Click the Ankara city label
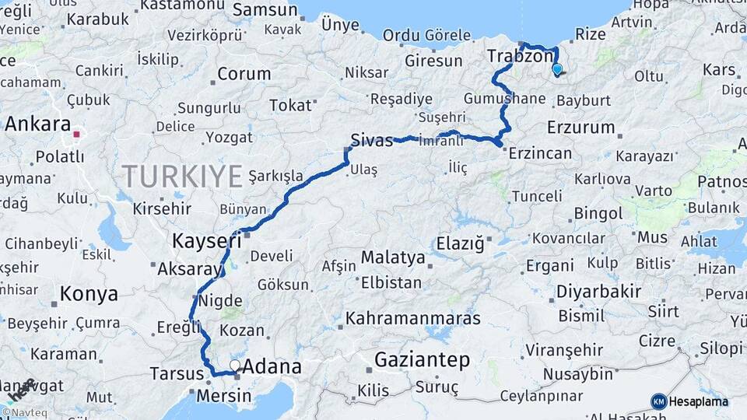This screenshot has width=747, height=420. coord(37,124)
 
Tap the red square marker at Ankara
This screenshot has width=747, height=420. coord(76,134)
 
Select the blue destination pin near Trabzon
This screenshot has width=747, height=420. coord(556,69)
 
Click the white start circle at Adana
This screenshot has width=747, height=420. coord(235,364)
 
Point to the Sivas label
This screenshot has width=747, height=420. coord(372,141)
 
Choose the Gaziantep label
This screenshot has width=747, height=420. coord(423,360)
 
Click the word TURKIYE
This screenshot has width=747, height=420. coord(182,177)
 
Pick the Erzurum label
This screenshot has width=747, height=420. coord(581,127)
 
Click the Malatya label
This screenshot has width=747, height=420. coord(393,257)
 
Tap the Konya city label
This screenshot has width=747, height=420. coord(89,294)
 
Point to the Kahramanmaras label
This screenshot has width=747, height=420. coord(413,318)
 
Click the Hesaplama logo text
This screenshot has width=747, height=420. coord(699,401)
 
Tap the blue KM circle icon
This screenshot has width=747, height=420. coord(658,401)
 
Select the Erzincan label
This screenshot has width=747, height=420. coord(540,153)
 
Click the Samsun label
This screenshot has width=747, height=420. coord(265,10)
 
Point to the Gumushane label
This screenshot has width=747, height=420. coord(504,99)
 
